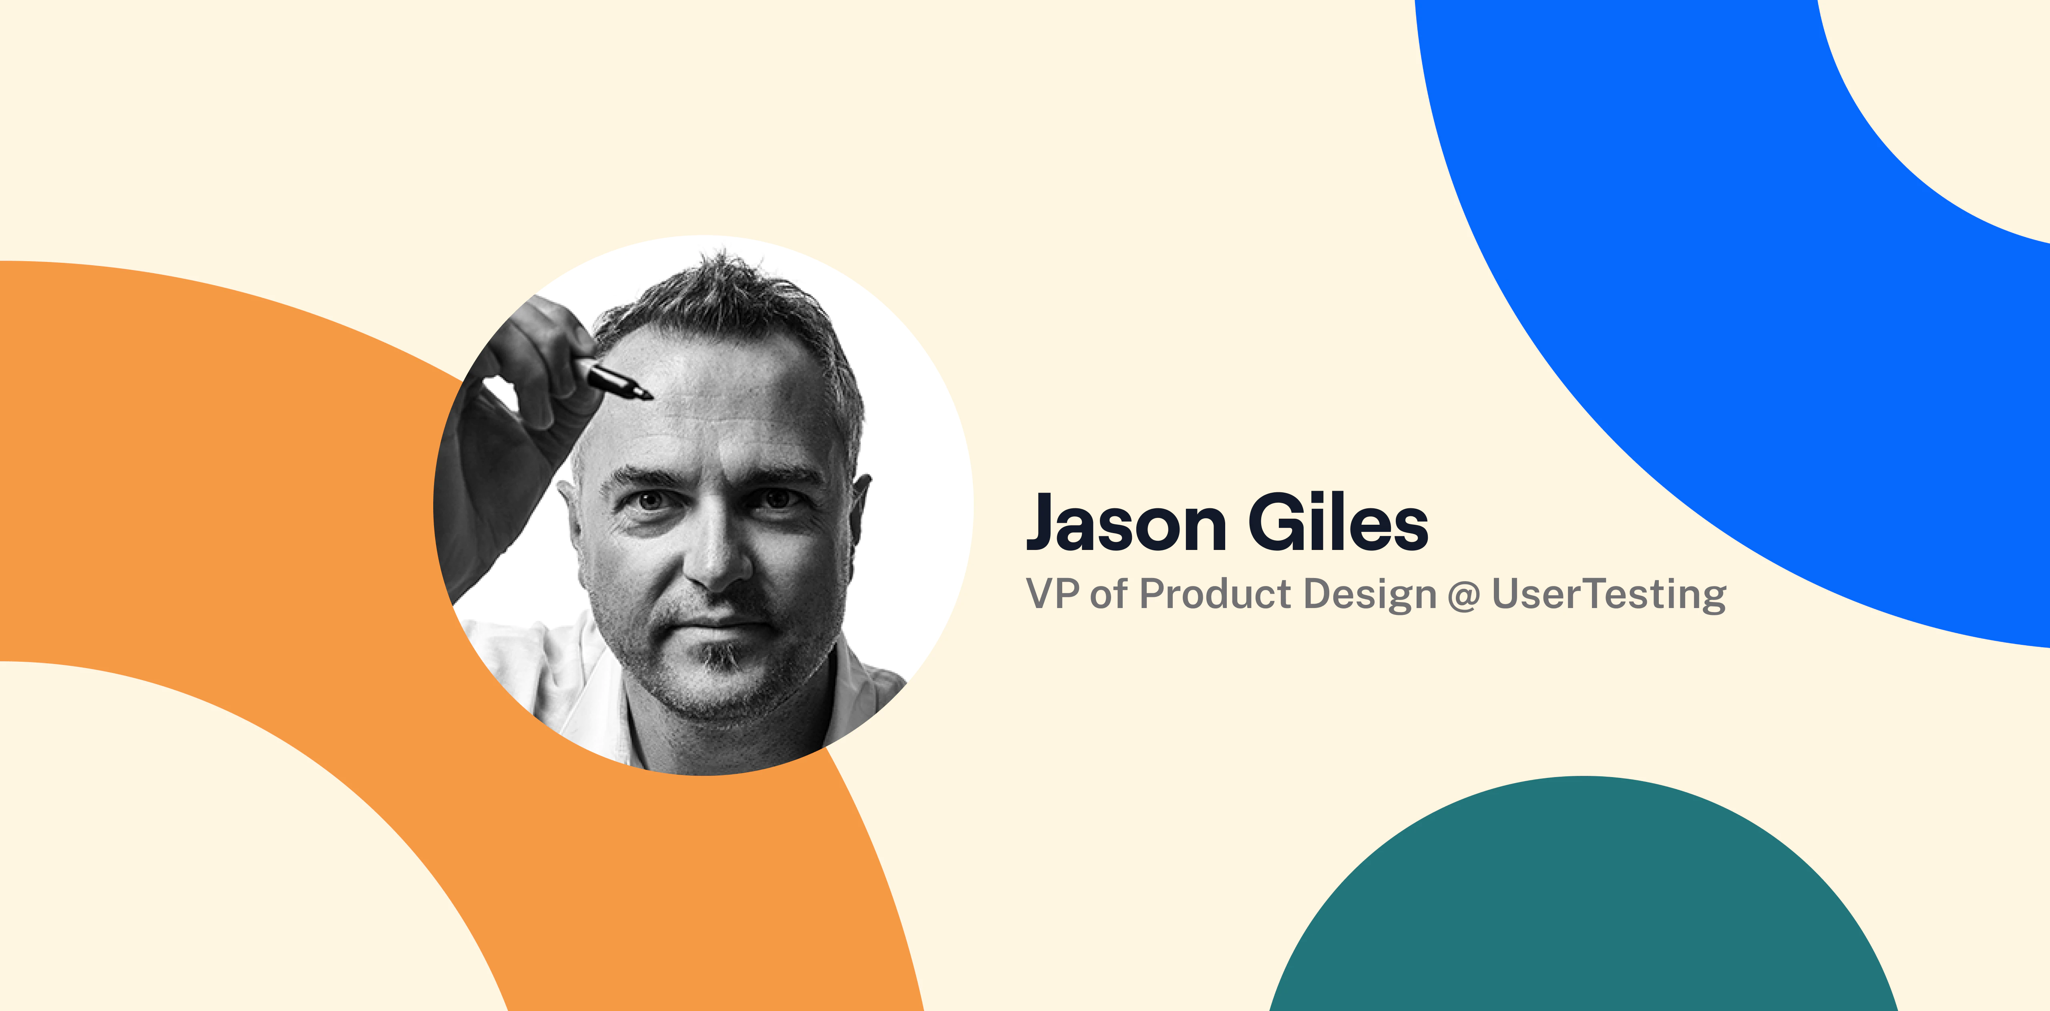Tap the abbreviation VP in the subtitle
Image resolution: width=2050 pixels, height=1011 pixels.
(x=1052, y=594)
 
